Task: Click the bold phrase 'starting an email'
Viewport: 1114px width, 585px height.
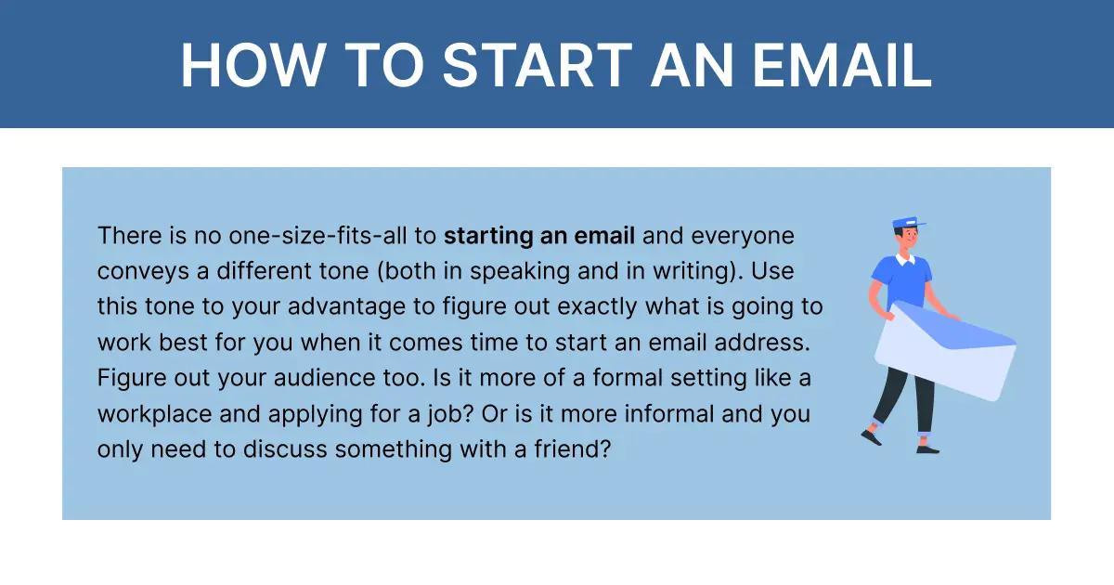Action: (x=539, y=236)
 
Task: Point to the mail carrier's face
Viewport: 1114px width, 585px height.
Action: (x=906, y=239)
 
